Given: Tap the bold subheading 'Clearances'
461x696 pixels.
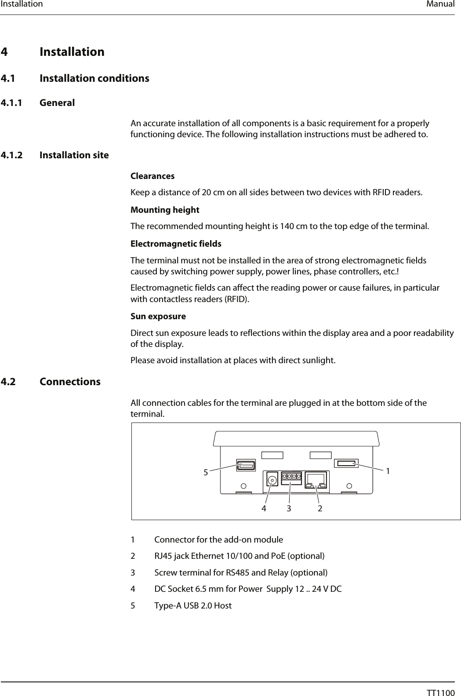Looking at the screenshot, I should (152, 176).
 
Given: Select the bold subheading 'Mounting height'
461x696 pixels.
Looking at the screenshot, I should (165, 210).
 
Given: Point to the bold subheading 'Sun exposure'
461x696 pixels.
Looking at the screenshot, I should (158, 316).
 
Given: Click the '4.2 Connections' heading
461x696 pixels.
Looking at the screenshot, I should (70, 381).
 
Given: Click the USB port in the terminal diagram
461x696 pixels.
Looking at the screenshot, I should (246, 465).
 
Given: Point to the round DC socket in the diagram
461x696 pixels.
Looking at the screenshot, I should (273, 480).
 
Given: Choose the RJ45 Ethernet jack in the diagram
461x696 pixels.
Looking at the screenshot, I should (316, 479).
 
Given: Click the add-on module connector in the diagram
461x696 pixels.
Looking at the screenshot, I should (346, 463).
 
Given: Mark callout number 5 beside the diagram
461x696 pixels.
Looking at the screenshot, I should (205, 473).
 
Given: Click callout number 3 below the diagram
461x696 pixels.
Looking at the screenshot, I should (289, 508).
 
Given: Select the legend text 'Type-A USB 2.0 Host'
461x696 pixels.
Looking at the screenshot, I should (193, 605).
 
